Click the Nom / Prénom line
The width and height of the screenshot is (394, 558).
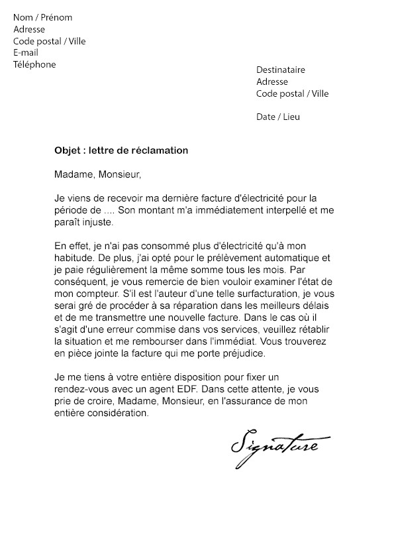click(43, 17)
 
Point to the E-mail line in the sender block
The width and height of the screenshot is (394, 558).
click(26, 52)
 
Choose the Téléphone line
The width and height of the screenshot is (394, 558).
click(34, 64)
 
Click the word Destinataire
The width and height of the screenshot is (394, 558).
click(281, 70)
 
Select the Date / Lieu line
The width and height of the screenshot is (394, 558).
click(278, 117)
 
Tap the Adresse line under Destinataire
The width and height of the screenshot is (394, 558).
click(272, 82)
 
